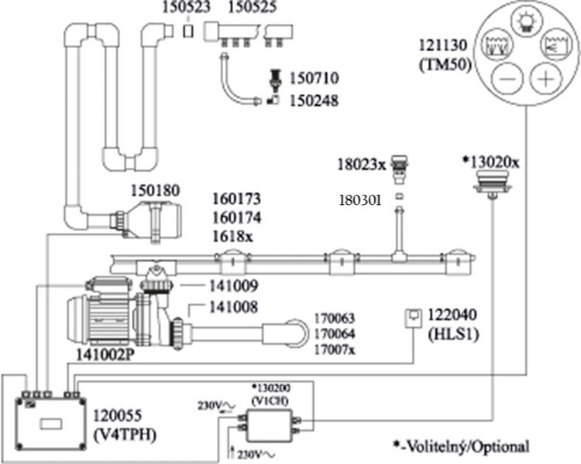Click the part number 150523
coord(184,9)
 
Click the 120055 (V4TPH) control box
coord(51,421)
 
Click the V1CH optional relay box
coord(267,425)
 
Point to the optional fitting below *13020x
coord(491,183)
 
